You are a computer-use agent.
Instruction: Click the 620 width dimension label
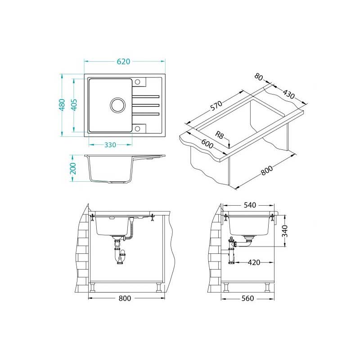tap(123, 62)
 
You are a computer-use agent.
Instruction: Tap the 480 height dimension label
tap(62, 105)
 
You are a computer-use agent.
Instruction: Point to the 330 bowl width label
tap(110, 145)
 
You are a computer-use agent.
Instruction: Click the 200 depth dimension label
tap(73, 168)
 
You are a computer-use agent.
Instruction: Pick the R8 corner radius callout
tap(219, 135)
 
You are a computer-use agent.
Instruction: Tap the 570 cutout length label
tap(216, 106)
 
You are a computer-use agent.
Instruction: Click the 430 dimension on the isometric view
tap(288, 94)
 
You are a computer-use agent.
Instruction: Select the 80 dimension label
tap(258, 77)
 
